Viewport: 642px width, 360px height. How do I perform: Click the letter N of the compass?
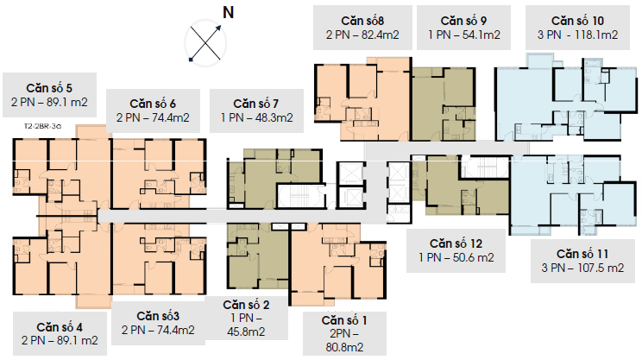228,12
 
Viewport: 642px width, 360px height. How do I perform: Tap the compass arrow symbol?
205,43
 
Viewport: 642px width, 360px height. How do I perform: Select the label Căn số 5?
49,88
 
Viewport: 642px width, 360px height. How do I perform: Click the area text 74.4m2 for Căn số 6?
171,118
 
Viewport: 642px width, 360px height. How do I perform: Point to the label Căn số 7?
256,104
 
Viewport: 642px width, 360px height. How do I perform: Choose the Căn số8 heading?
362,21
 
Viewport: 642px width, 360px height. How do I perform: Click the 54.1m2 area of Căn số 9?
481,35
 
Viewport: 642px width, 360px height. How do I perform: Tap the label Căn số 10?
577,21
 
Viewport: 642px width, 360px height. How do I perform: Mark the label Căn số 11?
582,254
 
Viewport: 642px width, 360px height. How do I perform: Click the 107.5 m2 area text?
601,268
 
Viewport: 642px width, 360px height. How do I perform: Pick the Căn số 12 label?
456,243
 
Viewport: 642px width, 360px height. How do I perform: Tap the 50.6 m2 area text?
474,257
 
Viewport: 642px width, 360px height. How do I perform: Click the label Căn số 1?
344,320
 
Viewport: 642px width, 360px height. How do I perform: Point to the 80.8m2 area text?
344,347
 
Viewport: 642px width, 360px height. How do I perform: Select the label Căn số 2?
246,305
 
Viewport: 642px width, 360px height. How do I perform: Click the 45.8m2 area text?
246,332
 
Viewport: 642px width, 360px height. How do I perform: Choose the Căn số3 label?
158,316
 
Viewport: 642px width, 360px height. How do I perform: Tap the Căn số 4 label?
60,327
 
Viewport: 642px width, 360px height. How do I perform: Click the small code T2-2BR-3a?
42,126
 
